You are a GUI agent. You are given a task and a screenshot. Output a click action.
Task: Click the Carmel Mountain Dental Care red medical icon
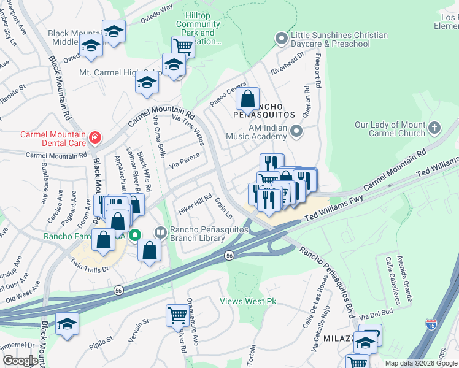point(94,137)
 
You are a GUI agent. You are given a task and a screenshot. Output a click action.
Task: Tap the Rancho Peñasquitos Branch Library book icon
point(160,232)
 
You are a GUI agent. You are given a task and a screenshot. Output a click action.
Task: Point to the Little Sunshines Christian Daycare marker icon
point(282,39)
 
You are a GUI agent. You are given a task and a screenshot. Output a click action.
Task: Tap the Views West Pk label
point(249,302)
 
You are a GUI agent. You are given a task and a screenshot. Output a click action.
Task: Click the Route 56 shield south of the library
point(229,255)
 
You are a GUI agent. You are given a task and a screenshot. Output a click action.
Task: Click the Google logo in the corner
point(20,360)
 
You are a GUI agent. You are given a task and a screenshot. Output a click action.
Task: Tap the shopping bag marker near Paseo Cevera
point(247,99)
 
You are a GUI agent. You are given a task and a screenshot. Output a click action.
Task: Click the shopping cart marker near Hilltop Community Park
point(182,45)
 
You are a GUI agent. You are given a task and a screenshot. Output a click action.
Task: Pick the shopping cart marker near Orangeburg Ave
point(177,315)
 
